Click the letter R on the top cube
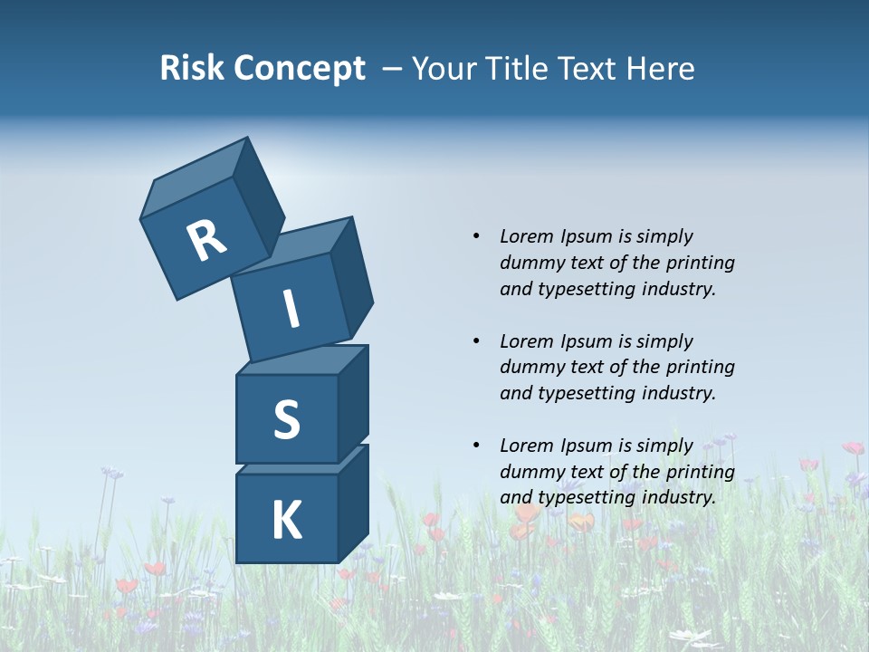coord(206,241)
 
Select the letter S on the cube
coord(286,420)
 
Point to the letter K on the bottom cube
coord(286,521)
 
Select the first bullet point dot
coord(476,236)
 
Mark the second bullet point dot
coord(476,341)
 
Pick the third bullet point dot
coord(476,446)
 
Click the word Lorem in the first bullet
coord(526,236)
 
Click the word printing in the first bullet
coord(700,263)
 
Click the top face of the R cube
coord(195,181)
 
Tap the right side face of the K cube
coord(353,503)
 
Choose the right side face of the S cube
coord(353,403)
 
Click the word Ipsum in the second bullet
coord(585,341)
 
